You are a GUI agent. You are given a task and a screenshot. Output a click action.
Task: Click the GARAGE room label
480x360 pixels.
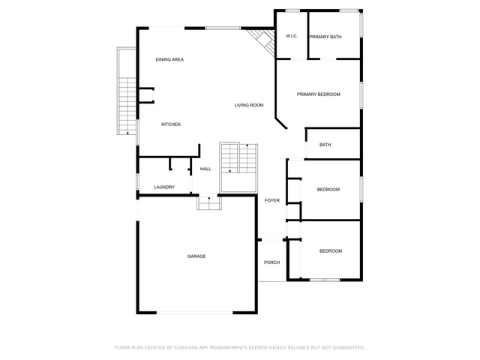coord(196,256)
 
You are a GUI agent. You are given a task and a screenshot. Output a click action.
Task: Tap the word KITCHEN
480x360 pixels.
coord(171,124)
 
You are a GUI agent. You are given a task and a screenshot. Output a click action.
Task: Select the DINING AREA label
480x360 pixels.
coord(169,59)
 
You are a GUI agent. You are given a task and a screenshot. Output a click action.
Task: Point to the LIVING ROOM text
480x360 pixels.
coord(249,105)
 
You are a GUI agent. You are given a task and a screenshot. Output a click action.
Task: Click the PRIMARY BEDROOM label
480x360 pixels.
coord(318,94)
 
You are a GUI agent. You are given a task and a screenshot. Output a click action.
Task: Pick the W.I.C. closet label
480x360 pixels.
coord(292,36)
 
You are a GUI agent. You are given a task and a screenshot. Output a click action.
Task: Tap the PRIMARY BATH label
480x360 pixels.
coord(325,37)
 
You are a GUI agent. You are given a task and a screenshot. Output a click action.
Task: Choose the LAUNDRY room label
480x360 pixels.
coord(164,187)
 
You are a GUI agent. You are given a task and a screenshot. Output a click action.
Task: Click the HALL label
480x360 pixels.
coord(205,169)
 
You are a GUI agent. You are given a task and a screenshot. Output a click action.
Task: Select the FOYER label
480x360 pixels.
coord(271,200)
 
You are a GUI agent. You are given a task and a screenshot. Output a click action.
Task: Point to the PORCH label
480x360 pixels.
coord(271,262)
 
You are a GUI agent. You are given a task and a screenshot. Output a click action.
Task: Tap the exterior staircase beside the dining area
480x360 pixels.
coord(127,106)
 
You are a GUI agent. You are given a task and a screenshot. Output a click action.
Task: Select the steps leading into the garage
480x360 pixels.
coord(209,202)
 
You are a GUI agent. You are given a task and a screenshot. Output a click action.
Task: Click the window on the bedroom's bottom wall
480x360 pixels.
coord(325,280)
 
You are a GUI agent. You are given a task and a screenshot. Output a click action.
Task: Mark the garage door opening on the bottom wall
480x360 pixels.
coord(195,313)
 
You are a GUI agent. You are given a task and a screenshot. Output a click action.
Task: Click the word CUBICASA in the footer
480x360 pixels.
coord(186,347)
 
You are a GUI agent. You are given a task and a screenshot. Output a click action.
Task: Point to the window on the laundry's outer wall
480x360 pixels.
coord(137,181)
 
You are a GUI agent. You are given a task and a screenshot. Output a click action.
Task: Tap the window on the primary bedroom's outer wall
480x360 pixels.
coord(361,95)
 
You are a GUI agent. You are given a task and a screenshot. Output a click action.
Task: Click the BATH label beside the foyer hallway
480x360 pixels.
coord(325,145)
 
